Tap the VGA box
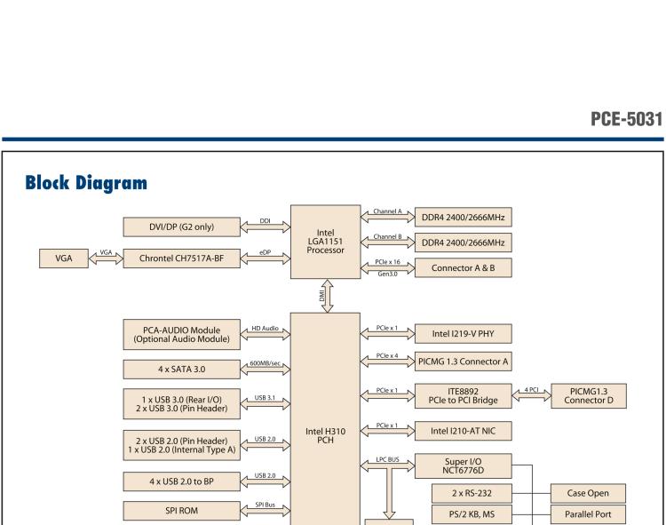pyautogui.click(x=63, y=259)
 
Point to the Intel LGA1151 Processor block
pyautogui.click(x=325, y=238)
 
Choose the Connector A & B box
pyautogui.click(x=462, y=267)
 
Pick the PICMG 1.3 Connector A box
pyautogui.click(x=464, y=362)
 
